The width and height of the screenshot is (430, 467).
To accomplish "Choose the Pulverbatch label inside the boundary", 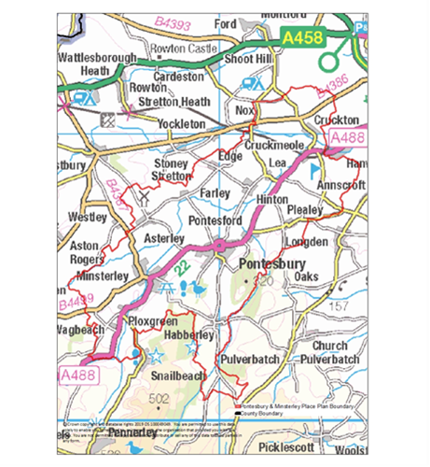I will click(248, 359).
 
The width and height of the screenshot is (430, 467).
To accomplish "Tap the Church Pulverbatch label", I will click(329, 352).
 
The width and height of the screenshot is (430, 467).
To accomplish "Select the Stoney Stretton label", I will click(170, 169).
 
